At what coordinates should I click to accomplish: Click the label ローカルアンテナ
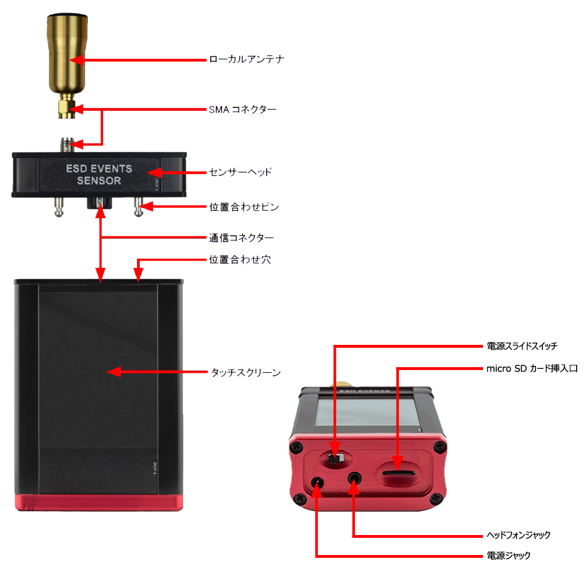(246, 59)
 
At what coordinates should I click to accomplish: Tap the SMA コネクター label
(243, 109)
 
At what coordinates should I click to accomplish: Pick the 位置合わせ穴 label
(240, 260)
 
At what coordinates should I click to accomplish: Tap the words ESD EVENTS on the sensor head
(99, 169)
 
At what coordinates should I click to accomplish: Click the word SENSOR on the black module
(99, 181)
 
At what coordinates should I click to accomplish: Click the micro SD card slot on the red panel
(398, 473)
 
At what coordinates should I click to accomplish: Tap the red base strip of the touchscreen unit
(99, 502)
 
